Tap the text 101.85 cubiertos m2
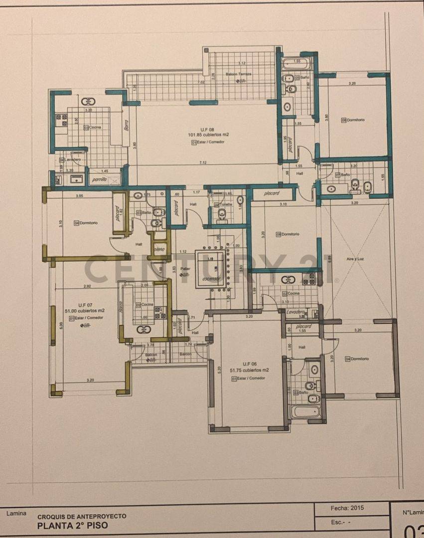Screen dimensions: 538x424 click(208, 134)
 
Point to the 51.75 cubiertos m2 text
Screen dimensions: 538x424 click(249, 370)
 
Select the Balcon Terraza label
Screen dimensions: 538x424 click(238, 74)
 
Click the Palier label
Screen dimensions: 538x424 click(185, 269)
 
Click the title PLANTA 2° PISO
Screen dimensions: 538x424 click(72, 526)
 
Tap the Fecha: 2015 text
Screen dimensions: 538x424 click(347, 508)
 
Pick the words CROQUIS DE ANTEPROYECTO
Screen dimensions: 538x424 click(82, 517)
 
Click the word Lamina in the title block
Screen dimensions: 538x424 click(16, 513)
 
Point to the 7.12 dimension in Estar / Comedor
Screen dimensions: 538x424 click(203, 162)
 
